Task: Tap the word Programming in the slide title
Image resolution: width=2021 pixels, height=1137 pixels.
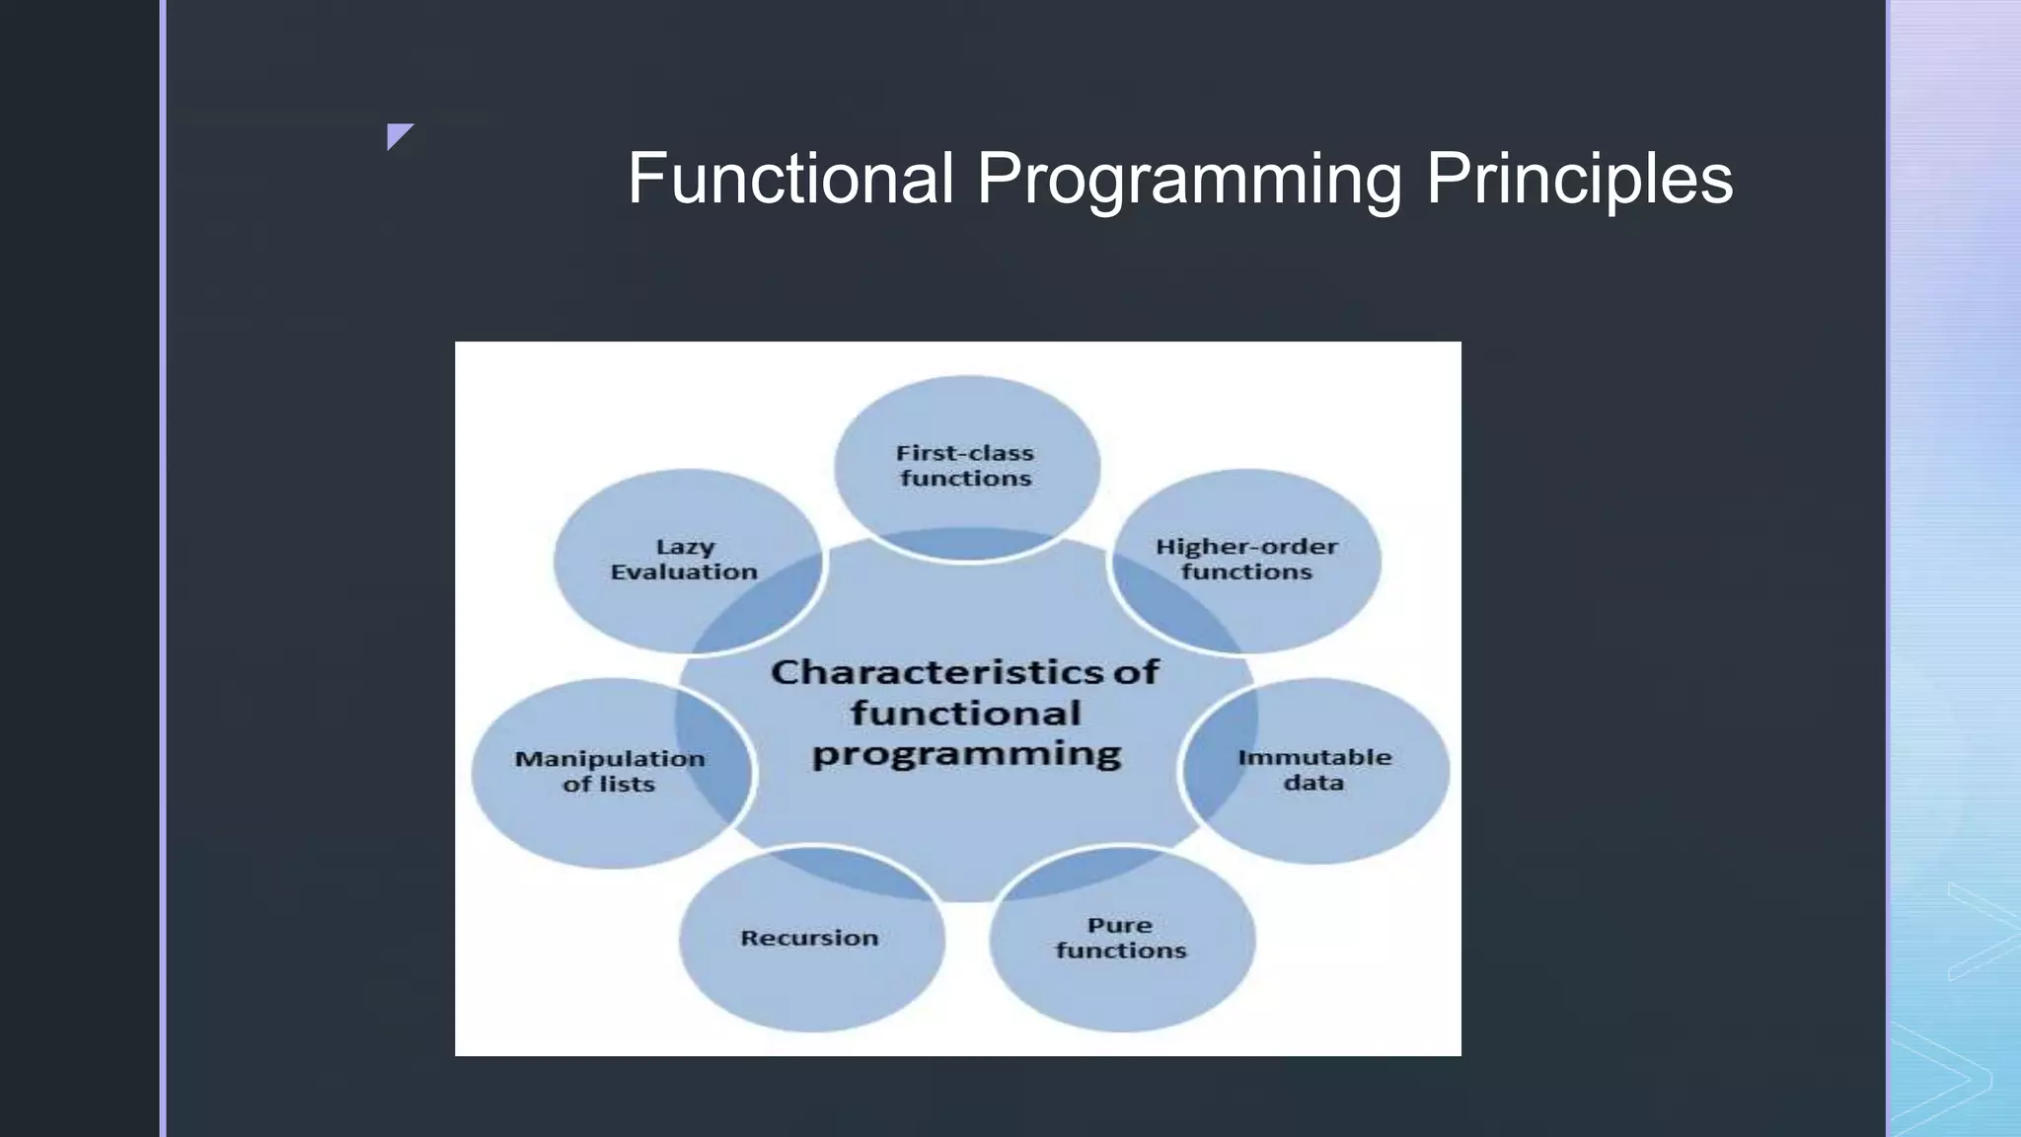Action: (1189, 181)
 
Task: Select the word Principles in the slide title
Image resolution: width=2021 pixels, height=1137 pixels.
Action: (1579, 181)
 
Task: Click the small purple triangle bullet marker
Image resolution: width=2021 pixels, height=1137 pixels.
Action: (398, 135)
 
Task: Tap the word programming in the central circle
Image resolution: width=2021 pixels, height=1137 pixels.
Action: (966, 755)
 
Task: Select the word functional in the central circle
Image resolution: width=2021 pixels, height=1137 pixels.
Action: (966, 714)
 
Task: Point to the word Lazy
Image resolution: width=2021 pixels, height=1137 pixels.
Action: (686, 548)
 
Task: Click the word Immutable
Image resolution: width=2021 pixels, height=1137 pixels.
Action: (1314, 758)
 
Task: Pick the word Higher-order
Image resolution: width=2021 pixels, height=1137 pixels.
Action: (1246, 547)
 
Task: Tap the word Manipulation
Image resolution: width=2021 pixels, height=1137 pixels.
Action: (610, 759)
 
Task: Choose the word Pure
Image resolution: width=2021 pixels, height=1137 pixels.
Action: (1120, 926)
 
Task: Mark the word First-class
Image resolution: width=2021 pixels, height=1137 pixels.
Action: (965, 454)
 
